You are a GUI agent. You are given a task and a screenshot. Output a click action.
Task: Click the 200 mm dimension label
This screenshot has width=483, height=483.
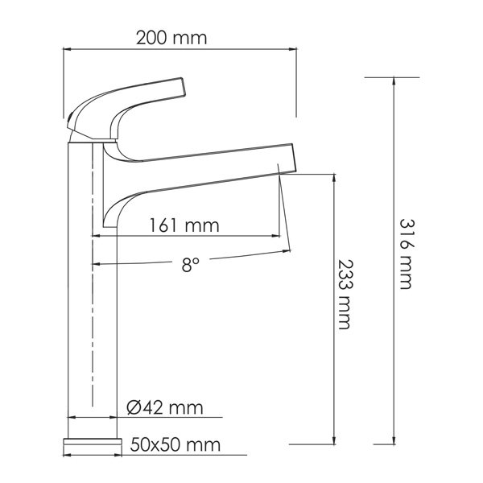(x=171, y=37)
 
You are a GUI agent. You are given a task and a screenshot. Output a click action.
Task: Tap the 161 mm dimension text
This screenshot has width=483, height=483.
(x=184, y=225)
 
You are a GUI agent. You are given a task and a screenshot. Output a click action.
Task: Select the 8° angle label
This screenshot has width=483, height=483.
(x=189, y=265)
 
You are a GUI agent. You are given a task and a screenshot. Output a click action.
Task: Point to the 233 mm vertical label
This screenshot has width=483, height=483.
(x=344, y=294)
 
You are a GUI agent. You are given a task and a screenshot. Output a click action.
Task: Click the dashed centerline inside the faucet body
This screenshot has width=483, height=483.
(x=93, y=322)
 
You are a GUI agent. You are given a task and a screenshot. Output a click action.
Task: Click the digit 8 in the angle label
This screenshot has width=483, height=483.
(x=186, y=265)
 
